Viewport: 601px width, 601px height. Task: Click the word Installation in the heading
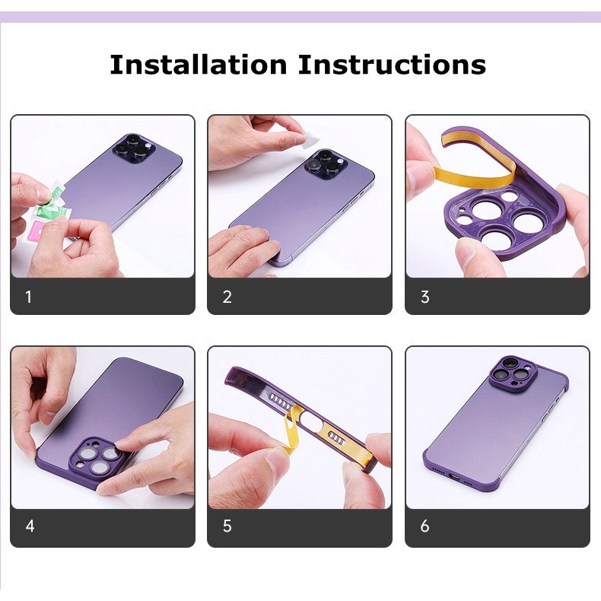(x=198, y=64)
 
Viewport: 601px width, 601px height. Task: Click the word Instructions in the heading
(x=392, y=64)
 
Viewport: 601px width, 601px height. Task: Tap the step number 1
(x=28, y=297)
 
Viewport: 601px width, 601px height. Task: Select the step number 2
(x=227, y=297)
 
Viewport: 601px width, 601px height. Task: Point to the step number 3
(x=425, y=297)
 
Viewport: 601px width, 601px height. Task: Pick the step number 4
(x=30, y=526)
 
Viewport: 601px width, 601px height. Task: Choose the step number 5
(x=227, y=526)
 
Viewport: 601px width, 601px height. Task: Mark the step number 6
(x=425, y=526)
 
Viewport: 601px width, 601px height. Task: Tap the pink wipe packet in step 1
(x=37, y=229)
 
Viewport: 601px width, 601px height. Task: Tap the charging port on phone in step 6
(x=455, y=477)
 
